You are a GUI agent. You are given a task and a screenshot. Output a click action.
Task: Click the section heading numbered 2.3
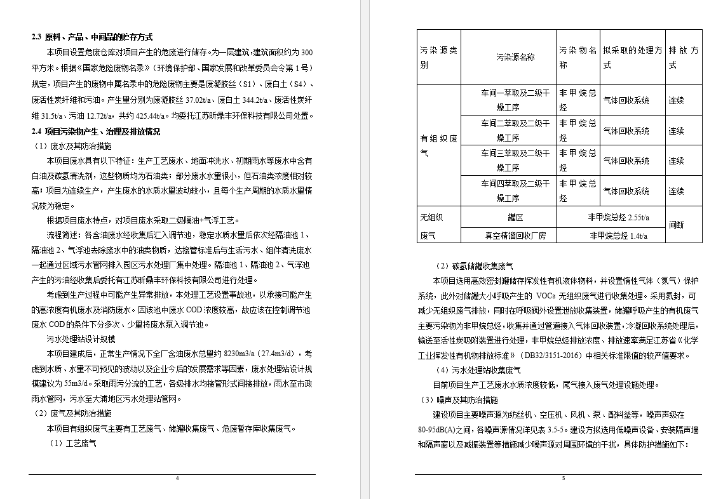[x=92, y=37]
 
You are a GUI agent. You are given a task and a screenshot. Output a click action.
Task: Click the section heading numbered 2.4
[x=96, y=131]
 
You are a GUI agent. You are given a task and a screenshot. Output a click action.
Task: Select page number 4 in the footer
[x=177, y=478]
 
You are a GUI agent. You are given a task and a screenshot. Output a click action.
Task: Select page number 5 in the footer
[x=563, y=478]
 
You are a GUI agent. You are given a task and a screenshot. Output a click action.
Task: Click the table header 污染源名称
[x=515, y=57]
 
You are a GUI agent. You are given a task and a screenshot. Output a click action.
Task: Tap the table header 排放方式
[x=684, y=57]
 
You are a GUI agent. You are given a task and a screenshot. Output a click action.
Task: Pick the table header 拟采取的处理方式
[x=632, y=57]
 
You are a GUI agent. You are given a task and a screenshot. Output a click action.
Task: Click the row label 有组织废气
[x=438, y=145]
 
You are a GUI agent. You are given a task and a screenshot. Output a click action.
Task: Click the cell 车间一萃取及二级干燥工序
[x=515, y=100]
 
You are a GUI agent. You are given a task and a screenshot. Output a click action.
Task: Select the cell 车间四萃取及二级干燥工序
[x=515, y=191]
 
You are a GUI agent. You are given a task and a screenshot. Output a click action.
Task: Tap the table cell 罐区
[x=515, y=217]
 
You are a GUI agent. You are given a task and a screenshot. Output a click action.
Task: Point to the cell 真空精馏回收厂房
[x=515, y=236]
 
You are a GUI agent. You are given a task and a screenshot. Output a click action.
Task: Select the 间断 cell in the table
[x=676, y=225]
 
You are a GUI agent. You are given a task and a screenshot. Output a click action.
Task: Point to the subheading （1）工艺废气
[x=73, y=443]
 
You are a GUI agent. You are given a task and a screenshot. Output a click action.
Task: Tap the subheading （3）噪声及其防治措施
[x=460, y=399]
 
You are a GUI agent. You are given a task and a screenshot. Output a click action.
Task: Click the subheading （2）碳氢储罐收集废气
[x=475, y=266]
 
